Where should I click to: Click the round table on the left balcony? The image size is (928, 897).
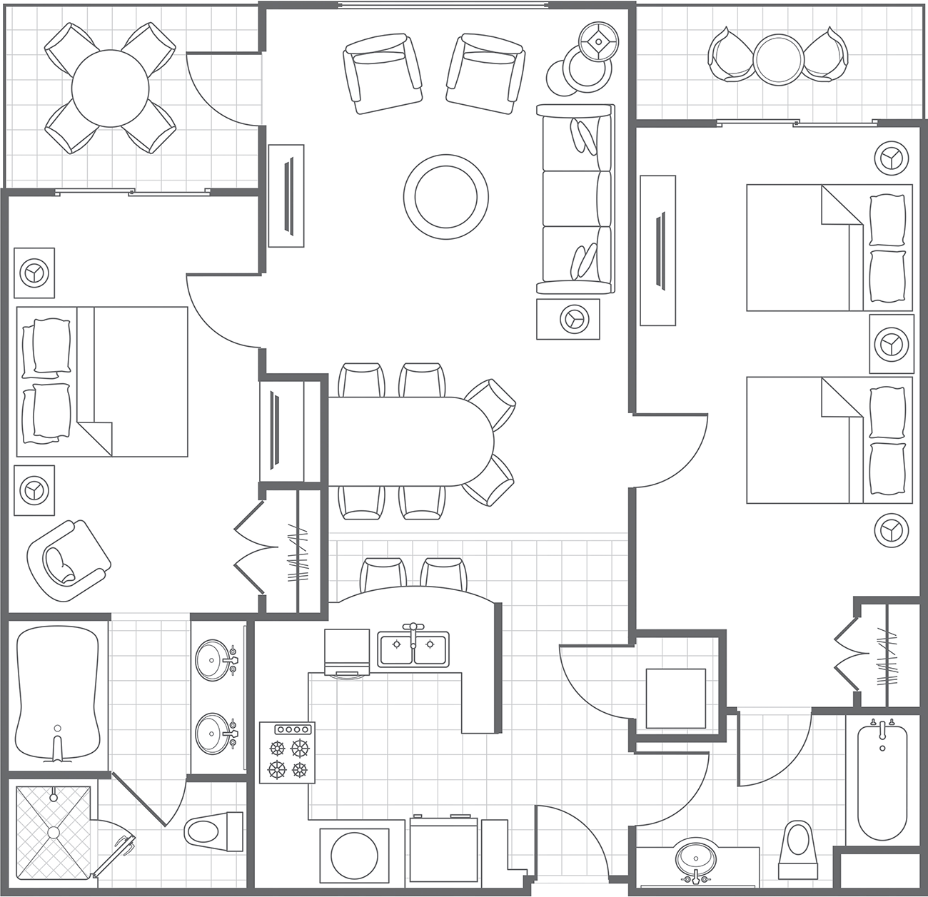111,88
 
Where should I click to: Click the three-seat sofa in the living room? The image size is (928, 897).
575,198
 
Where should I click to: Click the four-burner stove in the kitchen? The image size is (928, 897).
287,752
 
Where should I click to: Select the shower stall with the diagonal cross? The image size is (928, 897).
54,832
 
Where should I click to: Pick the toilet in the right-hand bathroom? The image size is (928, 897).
797,849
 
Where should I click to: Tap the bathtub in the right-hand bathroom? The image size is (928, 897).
882,782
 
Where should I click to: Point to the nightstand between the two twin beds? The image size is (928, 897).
892,344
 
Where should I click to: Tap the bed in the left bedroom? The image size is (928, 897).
102,381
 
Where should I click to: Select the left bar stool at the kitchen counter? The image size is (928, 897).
383,574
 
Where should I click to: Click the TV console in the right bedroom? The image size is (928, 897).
657,251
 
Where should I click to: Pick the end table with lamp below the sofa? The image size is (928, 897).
568,319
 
